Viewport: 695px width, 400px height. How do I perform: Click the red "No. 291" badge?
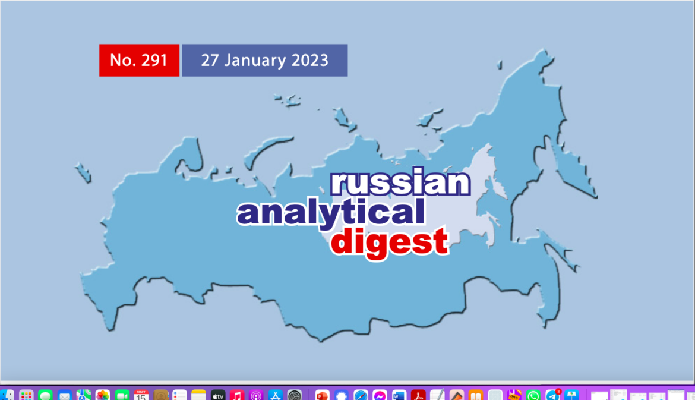click(x=139, y=60)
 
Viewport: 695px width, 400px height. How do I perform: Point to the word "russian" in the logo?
click(x=400, y=184)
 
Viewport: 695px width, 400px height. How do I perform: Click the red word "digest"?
click(x=390, y=242)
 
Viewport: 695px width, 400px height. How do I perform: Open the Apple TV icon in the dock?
click(x=218, y=395)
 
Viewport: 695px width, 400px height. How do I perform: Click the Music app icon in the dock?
click(x=237, y=395)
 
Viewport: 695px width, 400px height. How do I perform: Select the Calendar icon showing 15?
click(x=141, y=395)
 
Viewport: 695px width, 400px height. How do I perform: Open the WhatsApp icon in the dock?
click(x=533, y=395)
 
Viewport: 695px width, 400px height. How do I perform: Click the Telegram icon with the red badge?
click(x=552, y=395)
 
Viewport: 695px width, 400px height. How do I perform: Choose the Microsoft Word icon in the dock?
click(x=399, y=395)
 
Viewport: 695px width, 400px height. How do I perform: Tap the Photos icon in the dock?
click(x=103, y=395)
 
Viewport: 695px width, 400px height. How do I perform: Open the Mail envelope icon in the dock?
click(x=65, y=395)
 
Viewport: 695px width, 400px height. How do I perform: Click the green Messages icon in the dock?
click(x=46, y=395)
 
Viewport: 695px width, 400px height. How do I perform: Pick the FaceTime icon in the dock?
click(x=122, y=395)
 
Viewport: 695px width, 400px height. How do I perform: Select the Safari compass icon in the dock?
click(x=361, y=395)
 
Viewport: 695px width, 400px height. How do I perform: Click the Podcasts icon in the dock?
click(x=256, y=395)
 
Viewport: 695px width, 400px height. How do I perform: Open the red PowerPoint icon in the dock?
click(x=322, y=395)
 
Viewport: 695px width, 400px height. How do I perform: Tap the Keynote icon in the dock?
click(x=571, y=395)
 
